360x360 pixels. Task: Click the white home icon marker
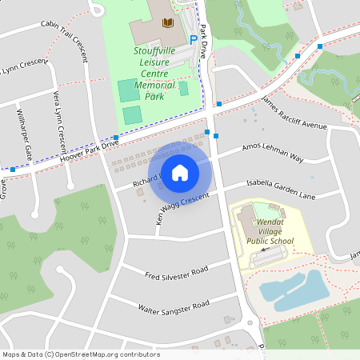pos(179,172)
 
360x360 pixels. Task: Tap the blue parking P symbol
pos(194,38)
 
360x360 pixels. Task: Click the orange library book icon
pos(167,23)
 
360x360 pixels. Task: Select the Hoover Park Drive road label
pos(89,148)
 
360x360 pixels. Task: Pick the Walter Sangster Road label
pos(174,306)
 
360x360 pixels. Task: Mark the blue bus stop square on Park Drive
pos(207,132)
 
